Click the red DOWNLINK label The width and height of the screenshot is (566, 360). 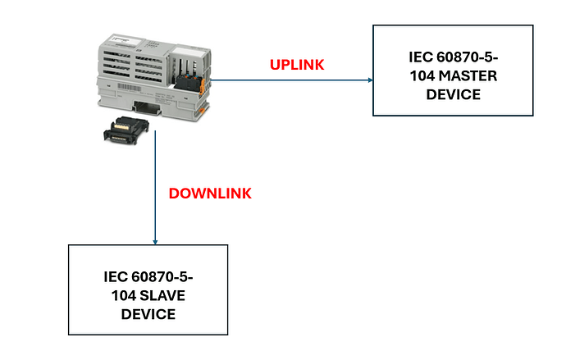click(210, 194)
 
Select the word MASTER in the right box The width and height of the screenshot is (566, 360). click(463, 76)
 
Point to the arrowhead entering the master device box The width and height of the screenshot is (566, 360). click(370, 80)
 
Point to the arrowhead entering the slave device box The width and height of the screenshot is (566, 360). click(155, 240)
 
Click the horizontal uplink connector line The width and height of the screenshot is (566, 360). click(287, 80)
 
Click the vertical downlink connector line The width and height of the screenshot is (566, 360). click(155, 189)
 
